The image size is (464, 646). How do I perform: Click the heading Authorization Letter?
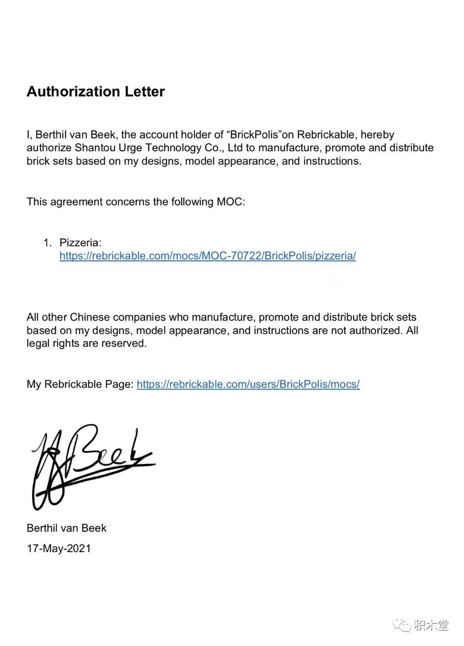point(95,91)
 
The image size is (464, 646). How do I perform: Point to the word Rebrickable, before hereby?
point(326,135)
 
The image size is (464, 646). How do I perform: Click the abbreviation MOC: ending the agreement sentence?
point(231,202)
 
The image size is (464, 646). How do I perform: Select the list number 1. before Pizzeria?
point(47,243)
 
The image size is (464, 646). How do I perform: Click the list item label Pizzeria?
point(80,243)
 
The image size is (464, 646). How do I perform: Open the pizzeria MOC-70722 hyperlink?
point(208,256)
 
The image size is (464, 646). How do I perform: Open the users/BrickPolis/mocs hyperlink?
point(248,384)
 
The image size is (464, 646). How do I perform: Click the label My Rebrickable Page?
point(80,384)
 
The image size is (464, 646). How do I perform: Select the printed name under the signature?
point(66,528)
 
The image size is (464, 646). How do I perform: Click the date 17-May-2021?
point(59,549)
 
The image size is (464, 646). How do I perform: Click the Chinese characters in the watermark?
point(431,625)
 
